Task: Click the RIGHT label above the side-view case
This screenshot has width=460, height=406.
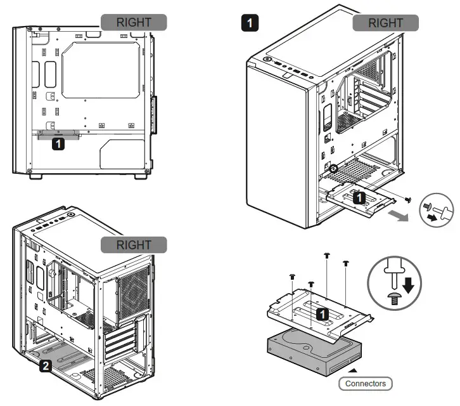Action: (x=134, y=22)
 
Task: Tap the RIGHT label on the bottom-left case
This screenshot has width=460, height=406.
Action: (x=134, y=245)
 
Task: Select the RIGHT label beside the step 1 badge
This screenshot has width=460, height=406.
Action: (x=385, y=23)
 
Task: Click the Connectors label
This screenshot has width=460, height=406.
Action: (x=365, y=384)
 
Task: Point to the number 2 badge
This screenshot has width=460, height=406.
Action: (x=46, y=365)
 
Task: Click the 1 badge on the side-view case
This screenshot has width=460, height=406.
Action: (x=58, y=144)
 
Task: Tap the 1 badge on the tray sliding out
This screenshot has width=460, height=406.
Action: (x=359, y=197)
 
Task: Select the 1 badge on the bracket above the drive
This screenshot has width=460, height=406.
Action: (x=323, y=313)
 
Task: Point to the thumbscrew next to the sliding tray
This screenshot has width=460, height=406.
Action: (x=409, y=200)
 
